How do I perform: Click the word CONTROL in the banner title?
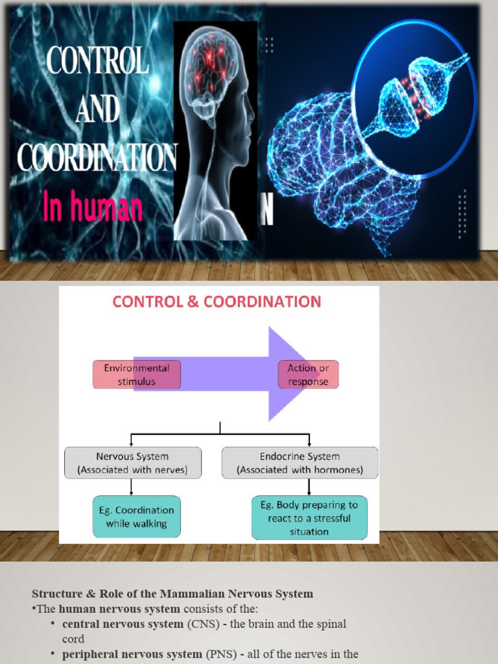(x=98, y=61)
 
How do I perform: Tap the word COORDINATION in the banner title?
(x=97, y=157)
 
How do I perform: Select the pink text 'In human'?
(x=93, y=207)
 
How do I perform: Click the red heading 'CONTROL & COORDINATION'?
(x=217, y=302)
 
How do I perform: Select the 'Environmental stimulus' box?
(x=136, y=375)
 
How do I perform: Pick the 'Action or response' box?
(x=308, y=375)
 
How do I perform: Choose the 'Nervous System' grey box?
(x=132, y=463)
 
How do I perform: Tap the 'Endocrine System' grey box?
(x=300, y=463)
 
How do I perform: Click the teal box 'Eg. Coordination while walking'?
(x=136, y=517)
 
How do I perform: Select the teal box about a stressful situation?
(x=309, y=518)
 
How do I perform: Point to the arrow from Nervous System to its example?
(x=132, y=487)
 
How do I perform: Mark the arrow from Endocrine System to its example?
(x=309, y=487)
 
